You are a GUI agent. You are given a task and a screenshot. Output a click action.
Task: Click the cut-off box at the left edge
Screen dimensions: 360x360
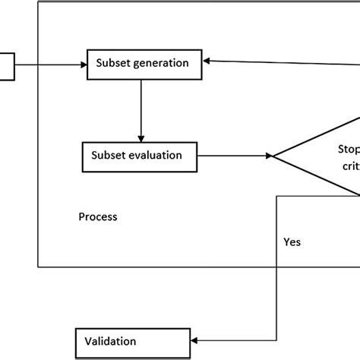click(x=6, y=65)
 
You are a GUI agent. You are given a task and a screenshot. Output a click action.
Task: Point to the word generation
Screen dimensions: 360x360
click(x=163, y=64)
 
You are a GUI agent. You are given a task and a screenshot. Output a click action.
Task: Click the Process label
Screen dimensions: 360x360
click(x=98, y=217)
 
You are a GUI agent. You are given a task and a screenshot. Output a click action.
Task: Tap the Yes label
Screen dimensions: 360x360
click(x=292, y=242)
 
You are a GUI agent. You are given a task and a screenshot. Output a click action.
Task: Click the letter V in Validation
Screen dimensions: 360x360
click(x=87, y=341)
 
